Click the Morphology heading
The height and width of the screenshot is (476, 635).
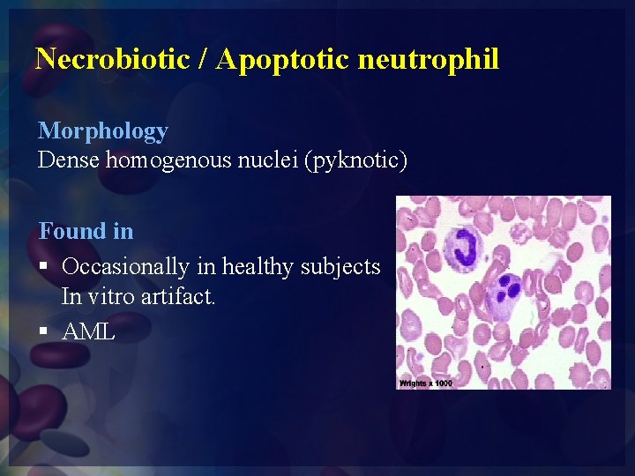pyautogui.click(x=102, y=131)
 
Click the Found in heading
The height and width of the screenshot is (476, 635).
pyautogui.click(x=86, y=232)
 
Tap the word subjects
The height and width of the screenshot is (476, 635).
pyautogui.click(x=343, y=266)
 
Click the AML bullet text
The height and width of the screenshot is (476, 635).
pyautogui.click(x=88, y=331)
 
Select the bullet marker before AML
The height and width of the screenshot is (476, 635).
pyautogui.click(x=44, y=331)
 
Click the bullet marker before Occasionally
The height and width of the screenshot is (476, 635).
pyautogui.click(x=44, y=266)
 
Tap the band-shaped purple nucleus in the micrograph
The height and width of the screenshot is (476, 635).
pyautogui.click(x=461, y=244)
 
